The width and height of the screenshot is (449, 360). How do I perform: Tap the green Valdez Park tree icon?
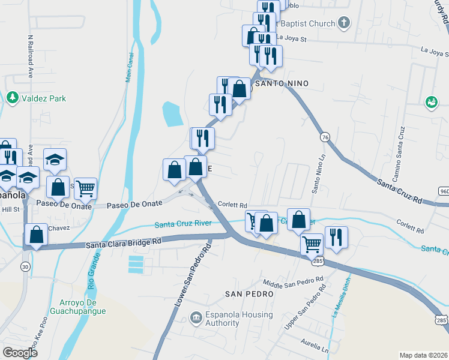tap(12, 97)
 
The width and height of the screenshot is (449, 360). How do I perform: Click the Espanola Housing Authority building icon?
tap(196, 317)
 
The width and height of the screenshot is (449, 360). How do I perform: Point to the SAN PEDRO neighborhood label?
tap(249, 294)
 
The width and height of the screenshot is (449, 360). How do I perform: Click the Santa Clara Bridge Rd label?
tap(124, 244)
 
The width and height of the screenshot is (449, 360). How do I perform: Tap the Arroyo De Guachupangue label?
tap(83, 306)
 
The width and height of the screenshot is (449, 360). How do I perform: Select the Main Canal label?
tap(128, 67)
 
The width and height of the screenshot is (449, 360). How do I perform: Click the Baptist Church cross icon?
tap(343, 23)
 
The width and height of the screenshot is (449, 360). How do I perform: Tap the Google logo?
tap(20, 353)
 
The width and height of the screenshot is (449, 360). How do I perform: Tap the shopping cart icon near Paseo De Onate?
tap(85, 188)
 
